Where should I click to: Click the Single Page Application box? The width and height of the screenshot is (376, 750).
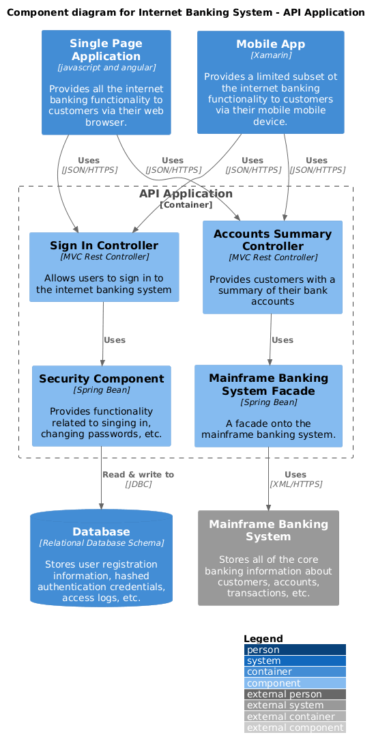(x=106, y=82)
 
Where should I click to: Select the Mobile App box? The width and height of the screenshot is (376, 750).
(x=270, y=82)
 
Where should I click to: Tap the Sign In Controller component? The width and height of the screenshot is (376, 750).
(x=104, y=266)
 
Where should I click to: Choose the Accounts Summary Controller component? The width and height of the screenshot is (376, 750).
(x=272, y=267)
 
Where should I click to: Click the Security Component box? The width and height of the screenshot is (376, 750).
(x=101, y=406)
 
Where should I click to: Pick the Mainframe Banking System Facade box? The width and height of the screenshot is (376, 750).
(x=268, y=406)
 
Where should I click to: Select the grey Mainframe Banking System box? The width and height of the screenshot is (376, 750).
(x=268, y=557)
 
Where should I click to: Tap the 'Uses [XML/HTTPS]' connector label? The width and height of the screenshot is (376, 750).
(x=295, y=479)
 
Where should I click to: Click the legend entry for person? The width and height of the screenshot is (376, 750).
(x=294, y=650)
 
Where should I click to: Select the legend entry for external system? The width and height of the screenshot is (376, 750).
(x=294, y=705)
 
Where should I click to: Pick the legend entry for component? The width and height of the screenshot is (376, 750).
(x=294, y=683)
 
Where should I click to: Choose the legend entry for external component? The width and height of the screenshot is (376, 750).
(x=294, y=727)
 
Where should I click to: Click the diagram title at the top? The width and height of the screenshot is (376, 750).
(x=186, y=12)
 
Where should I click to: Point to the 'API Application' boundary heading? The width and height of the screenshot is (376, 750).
(x=186, y=194)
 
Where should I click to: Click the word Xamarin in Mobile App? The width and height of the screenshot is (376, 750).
(x=270, y=55)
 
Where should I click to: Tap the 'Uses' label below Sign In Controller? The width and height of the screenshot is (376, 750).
(x=114, y=339)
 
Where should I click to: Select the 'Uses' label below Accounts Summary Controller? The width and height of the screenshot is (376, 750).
(x=282, y=339)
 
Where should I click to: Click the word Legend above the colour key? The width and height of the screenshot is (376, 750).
(x=263, y=638)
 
